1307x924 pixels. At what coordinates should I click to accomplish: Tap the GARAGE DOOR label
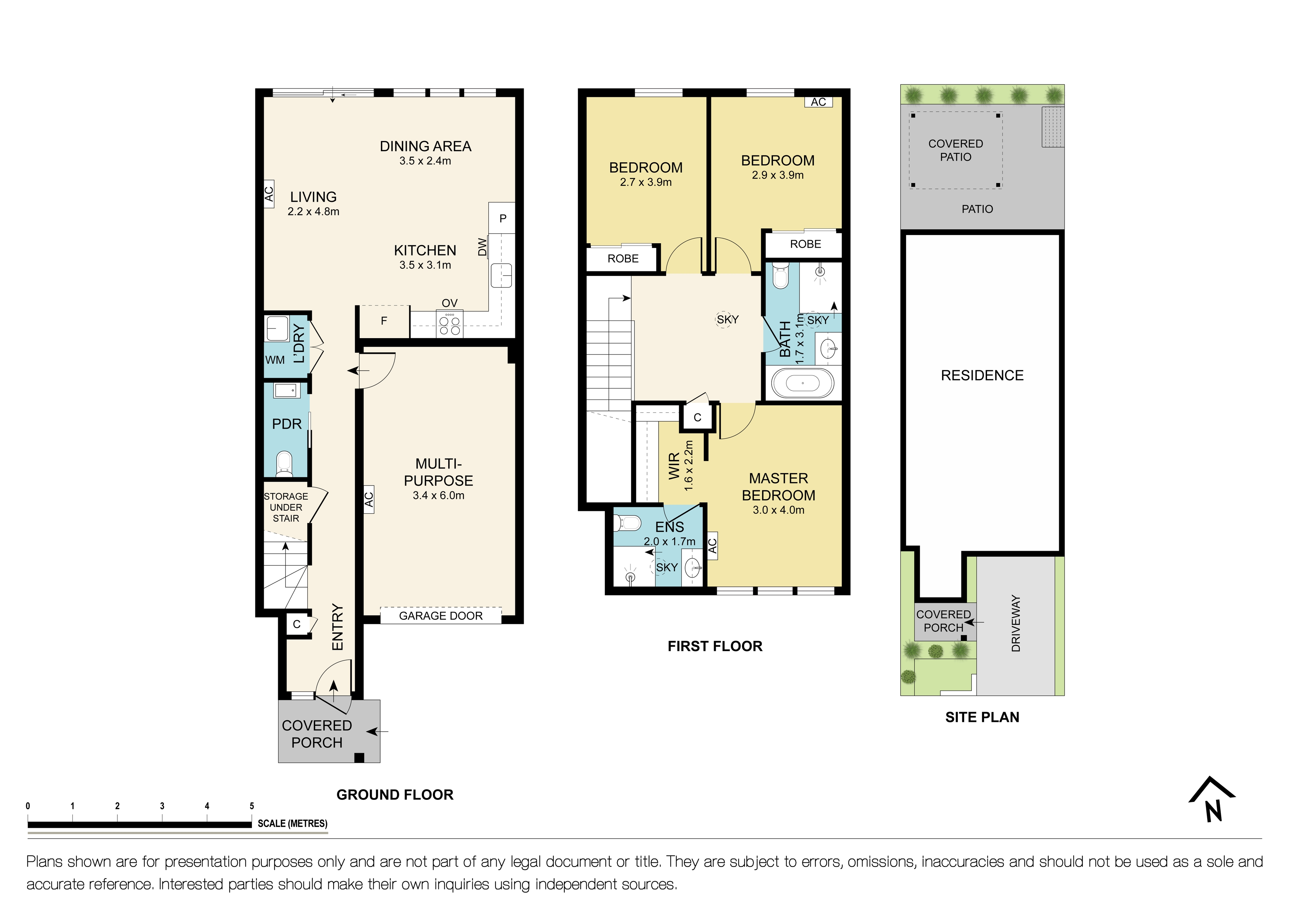coord(440,616)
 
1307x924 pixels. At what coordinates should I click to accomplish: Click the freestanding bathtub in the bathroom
coord(803,383)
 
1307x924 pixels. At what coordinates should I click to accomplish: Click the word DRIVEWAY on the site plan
coord(1016,623)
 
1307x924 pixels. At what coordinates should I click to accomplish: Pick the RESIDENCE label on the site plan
coord(982,376)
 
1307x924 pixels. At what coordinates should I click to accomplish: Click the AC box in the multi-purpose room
coord(369,499)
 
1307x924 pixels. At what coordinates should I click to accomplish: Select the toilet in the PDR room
coord(284,463)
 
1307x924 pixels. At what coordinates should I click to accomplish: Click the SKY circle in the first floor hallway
coord(727,320)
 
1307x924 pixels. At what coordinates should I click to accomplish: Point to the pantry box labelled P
coord(502,218)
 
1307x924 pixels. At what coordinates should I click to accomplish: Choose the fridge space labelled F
coord(384,321)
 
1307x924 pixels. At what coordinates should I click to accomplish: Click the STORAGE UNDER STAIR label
coord(286,507)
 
